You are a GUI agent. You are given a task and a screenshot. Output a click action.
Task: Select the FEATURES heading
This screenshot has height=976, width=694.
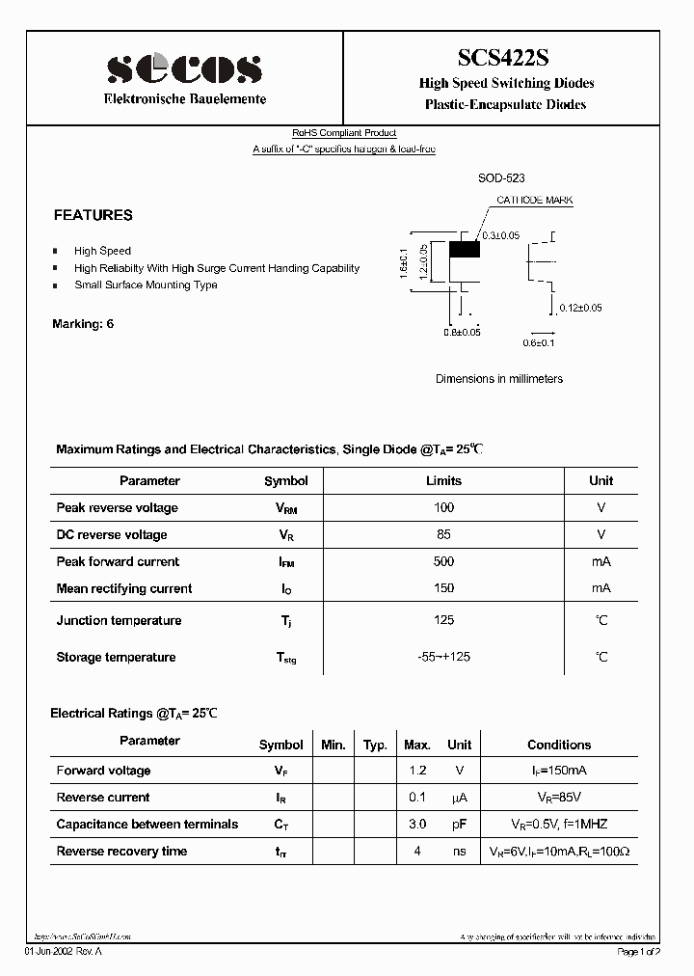pos(93,215)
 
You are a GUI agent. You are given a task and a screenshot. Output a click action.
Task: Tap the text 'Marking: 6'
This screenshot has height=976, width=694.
pos(83,324)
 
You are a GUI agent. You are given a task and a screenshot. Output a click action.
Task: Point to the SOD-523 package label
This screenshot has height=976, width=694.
pos(501,179)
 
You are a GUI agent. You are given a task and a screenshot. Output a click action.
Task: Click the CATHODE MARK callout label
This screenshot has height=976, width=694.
pos(534,201)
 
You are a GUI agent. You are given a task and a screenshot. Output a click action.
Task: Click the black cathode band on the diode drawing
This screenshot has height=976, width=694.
pos(466,249)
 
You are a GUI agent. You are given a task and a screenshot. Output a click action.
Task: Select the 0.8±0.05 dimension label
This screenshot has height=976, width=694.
pos(462,333)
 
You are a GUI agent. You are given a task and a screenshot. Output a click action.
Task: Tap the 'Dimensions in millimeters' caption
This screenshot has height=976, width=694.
pos(499,379)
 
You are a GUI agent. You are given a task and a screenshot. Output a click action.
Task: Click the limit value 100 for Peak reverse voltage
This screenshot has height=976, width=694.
pos(443,507)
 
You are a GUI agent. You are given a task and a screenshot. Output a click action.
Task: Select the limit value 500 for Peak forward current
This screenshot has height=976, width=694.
pos(443,561)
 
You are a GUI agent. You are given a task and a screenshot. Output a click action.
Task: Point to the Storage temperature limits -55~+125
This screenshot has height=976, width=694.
pos(443,657)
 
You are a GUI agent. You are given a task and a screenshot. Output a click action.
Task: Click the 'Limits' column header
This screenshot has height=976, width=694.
pos(443,480)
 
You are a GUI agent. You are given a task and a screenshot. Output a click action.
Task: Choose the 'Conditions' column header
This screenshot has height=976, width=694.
pos(559,745)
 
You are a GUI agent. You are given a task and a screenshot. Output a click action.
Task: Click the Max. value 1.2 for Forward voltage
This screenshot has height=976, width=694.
pos(417,771)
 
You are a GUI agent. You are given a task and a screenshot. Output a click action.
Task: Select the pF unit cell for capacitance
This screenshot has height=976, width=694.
pos(460,825)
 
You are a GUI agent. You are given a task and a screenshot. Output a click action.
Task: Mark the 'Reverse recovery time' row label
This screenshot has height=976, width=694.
pos(121,851)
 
